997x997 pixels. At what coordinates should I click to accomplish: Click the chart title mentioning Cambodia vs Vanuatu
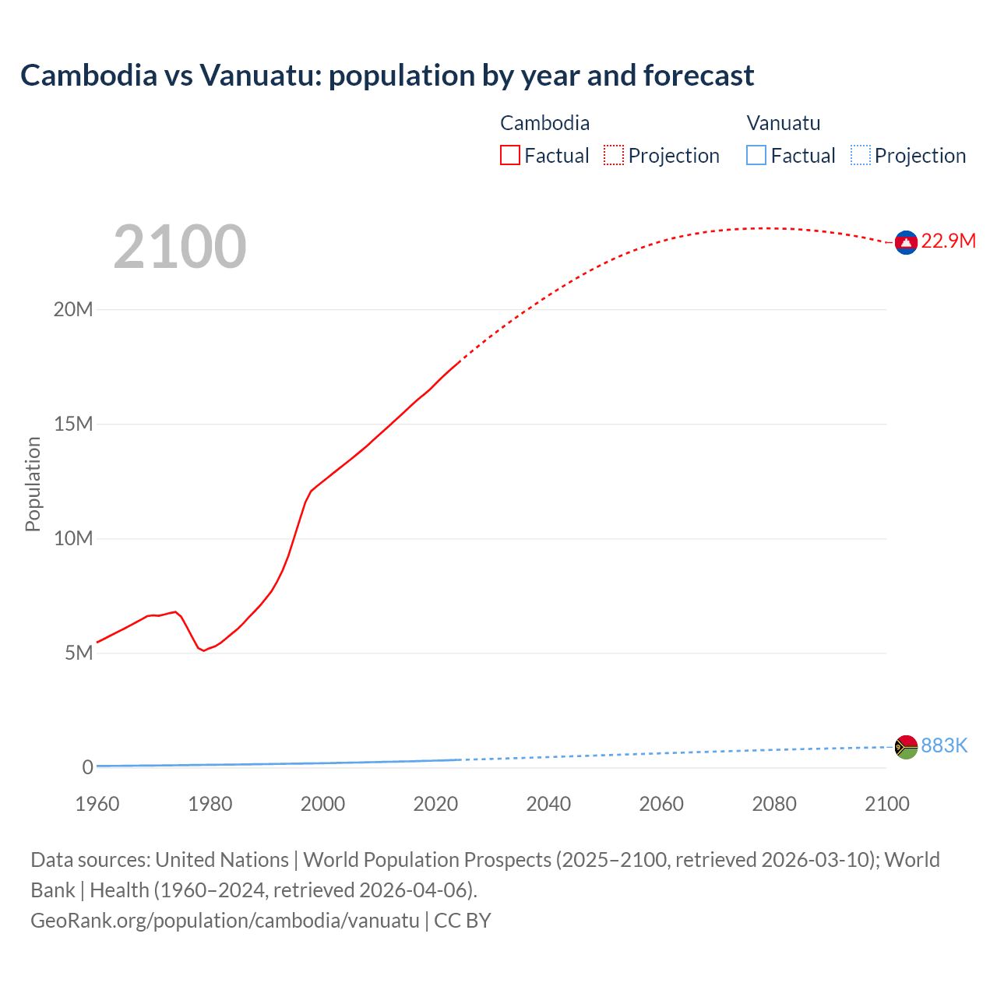[x=387, y=76]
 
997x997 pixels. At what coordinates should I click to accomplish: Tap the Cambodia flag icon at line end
[x=906, y=243]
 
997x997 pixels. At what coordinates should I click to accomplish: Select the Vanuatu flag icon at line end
[x=906, y=747]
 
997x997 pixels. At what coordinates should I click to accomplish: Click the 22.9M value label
[x=948, y=241]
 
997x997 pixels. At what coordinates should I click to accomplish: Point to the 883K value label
[x=944, y=746]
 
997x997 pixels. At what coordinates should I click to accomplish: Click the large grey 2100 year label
[x=180, y=247]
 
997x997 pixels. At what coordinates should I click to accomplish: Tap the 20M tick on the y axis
[x=73, y=310]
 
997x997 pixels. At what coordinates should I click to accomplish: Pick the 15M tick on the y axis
[x=73, y=425]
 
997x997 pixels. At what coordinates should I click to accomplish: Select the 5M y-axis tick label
[x=79, y=653]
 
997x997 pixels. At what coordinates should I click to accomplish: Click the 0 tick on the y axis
[x=87, y=767]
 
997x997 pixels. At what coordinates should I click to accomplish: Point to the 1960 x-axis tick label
[x=97, y=804]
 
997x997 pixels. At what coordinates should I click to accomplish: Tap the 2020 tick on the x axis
[x=435, y=804]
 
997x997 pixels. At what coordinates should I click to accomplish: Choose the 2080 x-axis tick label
[x=774, y=804]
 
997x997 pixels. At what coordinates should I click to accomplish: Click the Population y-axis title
[x=33, y=484]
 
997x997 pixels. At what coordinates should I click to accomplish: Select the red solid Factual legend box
[x=510, y=156]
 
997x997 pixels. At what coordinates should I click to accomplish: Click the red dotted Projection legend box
[x=614, y=156]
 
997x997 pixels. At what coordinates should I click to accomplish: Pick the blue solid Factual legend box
[x=756, y=156]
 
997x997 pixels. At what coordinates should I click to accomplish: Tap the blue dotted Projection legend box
[x=861, y=156]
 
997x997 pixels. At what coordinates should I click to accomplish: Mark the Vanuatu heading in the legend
[x=784, y=123]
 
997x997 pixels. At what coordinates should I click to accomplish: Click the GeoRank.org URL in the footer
[x=225, y=921]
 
